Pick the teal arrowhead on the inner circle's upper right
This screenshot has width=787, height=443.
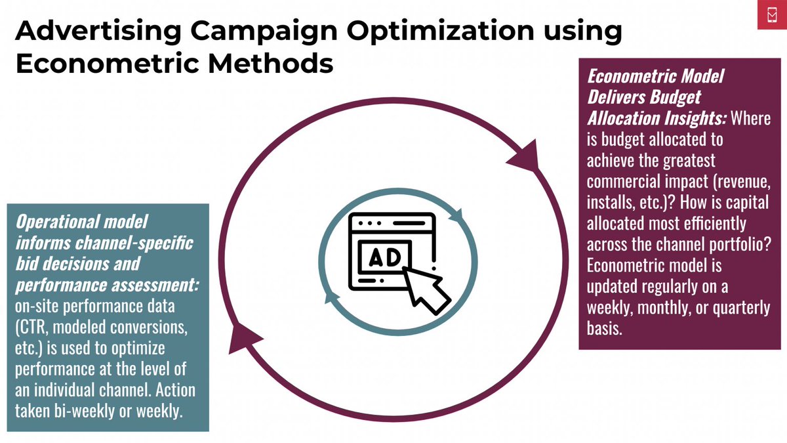[457, 214]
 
